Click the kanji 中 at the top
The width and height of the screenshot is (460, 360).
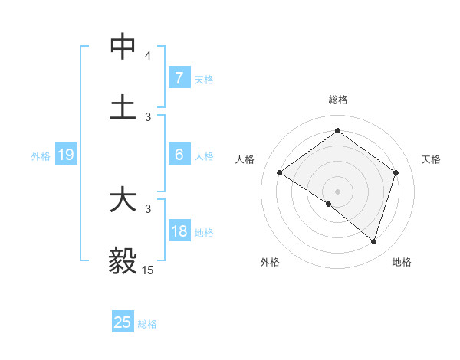pos(123,47)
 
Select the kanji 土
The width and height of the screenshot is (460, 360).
pos(123,107)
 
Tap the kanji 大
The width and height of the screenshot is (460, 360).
pos(123,200)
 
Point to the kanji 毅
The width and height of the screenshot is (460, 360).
pos(123,260)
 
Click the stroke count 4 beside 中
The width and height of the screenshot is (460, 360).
pos(148,56)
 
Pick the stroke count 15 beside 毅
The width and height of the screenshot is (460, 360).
pos(147,270)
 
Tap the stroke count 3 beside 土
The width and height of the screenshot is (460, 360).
pos(148,116)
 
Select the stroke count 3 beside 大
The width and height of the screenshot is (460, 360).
pos(148,208)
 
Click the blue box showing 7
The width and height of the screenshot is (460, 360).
pos(179,78)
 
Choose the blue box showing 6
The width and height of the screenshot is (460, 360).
pos(179,155)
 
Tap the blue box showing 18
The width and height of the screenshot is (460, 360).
pos(179,231)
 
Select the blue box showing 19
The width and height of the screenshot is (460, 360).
pos(65,155)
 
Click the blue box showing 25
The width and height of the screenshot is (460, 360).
pos(123,322)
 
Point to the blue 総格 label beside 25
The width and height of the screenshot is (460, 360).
pos(148,324)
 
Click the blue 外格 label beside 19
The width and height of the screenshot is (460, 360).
pos(41,156)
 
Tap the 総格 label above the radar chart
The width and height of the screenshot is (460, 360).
pos(337,100)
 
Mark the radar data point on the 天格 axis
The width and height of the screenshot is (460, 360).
pos(396,172)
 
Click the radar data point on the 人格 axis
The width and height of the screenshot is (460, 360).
pos(280,172)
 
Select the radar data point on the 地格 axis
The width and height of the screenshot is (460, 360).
pos(373,241)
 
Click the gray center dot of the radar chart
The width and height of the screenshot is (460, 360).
pos(337,191)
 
